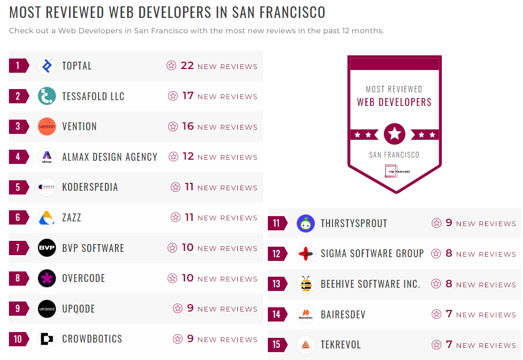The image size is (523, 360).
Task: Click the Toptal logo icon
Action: (x=47, y=66)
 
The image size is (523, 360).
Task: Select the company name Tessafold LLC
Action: (x=93, y=96)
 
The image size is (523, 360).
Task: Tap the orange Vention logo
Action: (x=47, y=127)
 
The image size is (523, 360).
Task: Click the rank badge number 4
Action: (x=18, y=157)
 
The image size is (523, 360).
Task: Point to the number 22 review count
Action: (x=187, y=65)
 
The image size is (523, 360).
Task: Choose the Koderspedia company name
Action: (x=90, y=187)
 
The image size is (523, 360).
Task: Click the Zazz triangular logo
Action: (x=47, y=218)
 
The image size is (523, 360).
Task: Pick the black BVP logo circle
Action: (x=47, y=248)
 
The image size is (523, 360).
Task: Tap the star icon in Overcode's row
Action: (x=172, y=278)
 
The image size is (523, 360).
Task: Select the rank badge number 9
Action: (x=18, y=308)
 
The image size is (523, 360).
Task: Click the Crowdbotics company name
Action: (x=92, y=339)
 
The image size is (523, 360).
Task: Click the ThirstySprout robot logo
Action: (x=306, y=223)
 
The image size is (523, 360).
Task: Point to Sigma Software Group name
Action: (x=372, y=254)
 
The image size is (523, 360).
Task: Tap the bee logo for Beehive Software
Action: (x=306, y=284)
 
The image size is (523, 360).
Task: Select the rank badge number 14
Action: (x=277, y=315)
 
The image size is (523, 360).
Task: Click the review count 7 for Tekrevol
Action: (x=449, y=345)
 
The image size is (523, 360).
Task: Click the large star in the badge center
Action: (x=394, y=134)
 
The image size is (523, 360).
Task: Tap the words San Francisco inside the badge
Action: (x=394, y=155)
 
